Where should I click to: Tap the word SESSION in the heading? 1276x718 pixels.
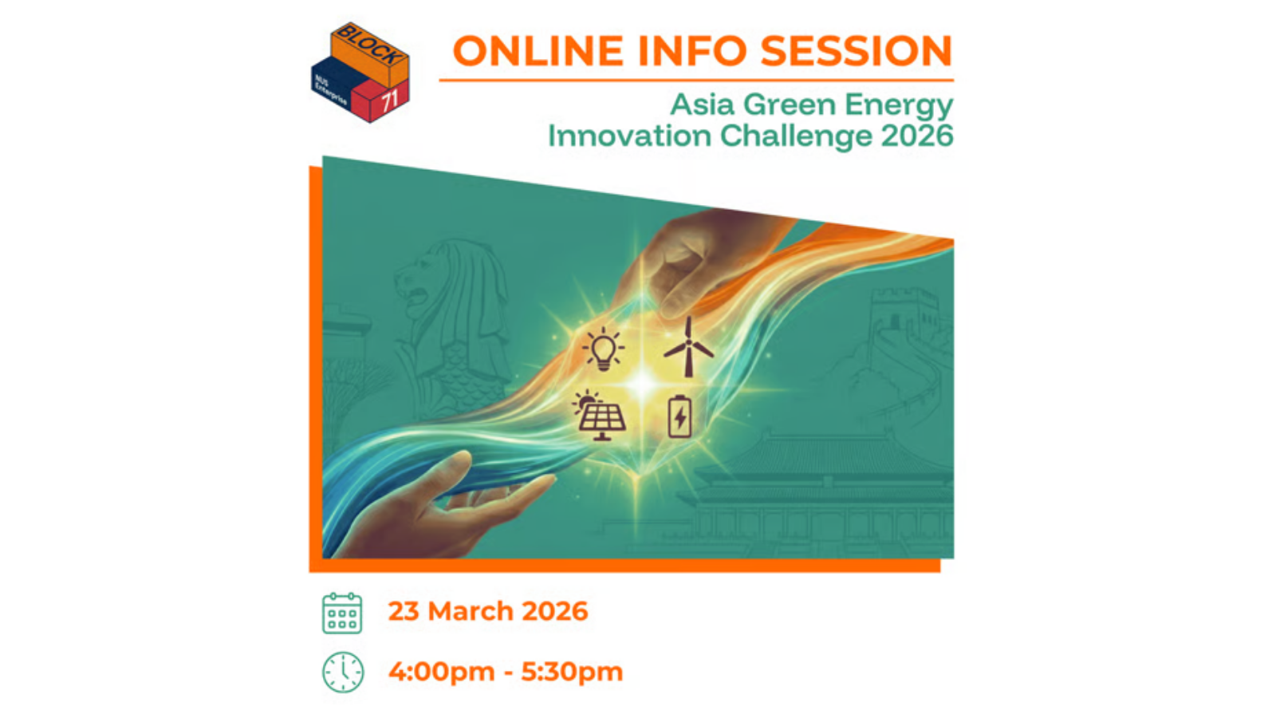pos(857,51)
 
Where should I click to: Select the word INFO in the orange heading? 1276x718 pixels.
pos(691,51)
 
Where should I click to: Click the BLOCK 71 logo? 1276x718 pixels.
pos(360,73)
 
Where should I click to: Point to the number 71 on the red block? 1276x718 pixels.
pos(390,101)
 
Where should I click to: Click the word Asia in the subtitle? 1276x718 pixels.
pos(703,105)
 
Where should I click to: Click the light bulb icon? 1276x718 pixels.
pos(603,349)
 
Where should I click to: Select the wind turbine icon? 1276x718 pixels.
pos(688,346)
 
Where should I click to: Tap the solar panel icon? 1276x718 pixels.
pos(601,415)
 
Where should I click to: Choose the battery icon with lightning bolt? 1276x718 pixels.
pos(679,416)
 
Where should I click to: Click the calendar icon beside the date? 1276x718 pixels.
pos(342,613)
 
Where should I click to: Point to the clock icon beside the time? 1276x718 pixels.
pos(342,673)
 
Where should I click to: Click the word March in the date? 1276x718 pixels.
pos(471,611)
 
